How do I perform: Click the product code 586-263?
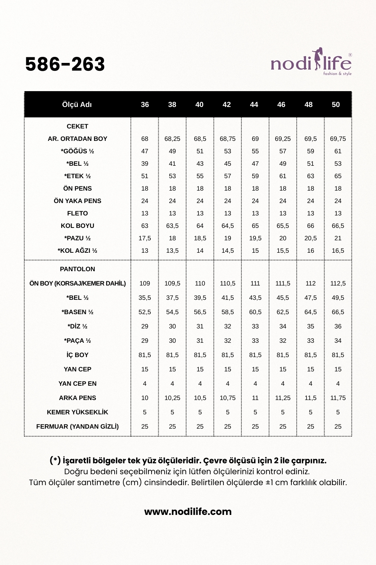click(65, 64)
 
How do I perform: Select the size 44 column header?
click(254, 105)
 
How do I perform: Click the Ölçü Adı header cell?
click(77, 105)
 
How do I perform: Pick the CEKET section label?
click(77, 126)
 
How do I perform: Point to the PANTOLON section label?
click(77, 269)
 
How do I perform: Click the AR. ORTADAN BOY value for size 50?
click(338, 139)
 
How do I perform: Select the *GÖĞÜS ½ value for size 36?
click(145, 151)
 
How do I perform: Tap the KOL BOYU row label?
click(77, 226)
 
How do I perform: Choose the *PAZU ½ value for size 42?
click(227, 238)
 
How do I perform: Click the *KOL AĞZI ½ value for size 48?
click(311, 250)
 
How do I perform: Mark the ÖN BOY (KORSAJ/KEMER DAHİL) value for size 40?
click(200, 283)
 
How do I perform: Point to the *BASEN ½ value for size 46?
click(283, 312)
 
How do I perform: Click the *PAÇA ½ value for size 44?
click(255, 341)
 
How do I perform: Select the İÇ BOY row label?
click(77, 355)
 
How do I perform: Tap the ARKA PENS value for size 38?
click(172, 398)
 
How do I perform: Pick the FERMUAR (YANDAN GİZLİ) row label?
click(77, 426)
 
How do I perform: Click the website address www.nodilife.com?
click(188, 512)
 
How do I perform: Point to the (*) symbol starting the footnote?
click(55, 460)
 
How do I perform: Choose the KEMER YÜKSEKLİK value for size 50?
click(338, 412)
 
